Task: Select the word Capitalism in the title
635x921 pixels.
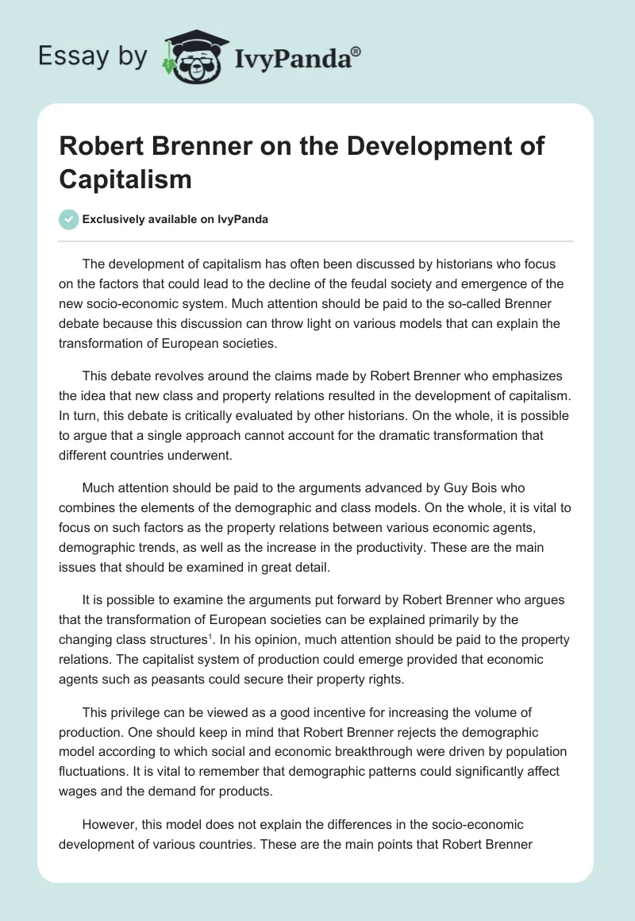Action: point(125,179)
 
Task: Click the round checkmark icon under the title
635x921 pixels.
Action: point(69,219)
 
